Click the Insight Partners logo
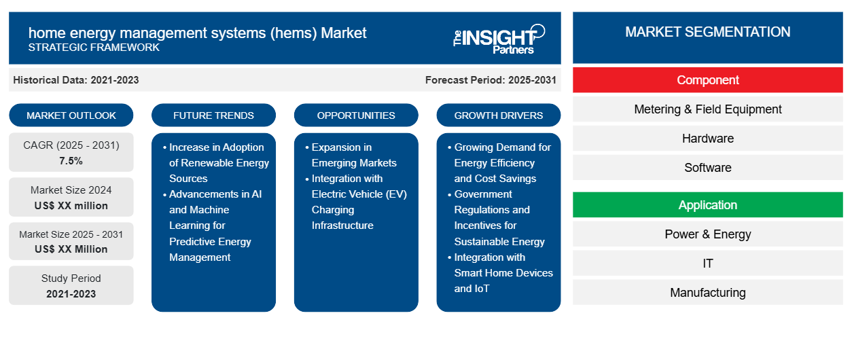pyautogui.click(x=499, y=39)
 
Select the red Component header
pyautogui.click(x=707, y=80)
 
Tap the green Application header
pyautogui.click(x=707, y=205)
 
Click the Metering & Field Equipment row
pyautogui.click(x=707, y=109)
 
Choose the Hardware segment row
pyautogui.click(x=707, y=139)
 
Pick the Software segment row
pyautogui.click(x=707, y=168)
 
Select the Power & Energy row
pyautogui.click(x=707, y=234)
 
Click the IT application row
pyautogui.click(x=707, y=264)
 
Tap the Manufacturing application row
pyautogui.click(x=707, y=293)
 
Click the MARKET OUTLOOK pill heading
pyautogui.click(x=71, y=115)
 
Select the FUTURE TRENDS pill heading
pyautogui.click(x=213, y=115)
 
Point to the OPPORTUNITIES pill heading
pyautogui.click(x=356, y=115)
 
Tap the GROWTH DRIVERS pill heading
pyautogui.click(x=498, y=115)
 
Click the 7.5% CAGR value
pyautogui.click(x=71, y=161)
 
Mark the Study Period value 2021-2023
pyautogui.click(x=71, y=294)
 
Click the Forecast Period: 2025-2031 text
pyautogui.click(x=491, y=80)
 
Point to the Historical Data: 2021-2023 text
pyautogui.click(x=76, y=80)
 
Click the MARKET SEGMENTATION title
pyautogui.click(x=707, y=32)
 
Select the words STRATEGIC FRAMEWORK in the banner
pyautogui.click(x=94, y=48)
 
